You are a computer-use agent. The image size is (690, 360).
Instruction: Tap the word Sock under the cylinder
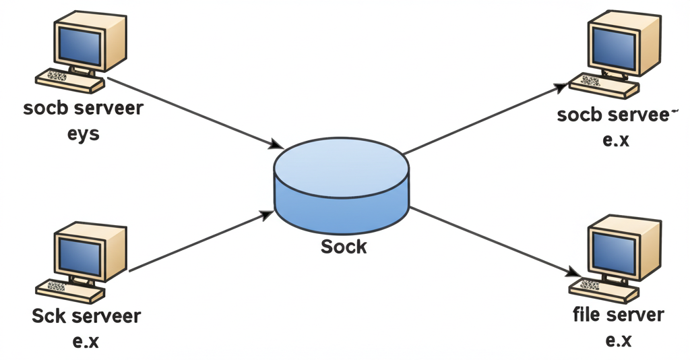coord(344,247)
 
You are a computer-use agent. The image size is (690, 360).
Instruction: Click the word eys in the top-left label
coord(83,133)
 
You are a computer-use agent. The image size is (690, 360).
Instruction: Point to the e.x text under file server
coord(618,340)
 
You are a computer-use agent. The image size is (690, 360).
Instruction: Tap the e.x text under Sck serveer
coord(86,341)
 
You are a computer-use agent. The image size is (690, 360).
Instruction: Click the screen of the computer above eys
coord(79,42)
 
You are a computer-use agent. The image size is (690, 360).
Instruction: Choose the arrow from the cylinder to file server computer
coord(495,241)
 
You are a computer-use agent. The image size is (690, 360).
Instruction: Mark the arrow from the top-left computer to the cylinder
coord(195,112)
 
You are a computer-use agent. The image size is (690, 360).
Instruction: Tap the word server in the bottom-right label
coord(635,315)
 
